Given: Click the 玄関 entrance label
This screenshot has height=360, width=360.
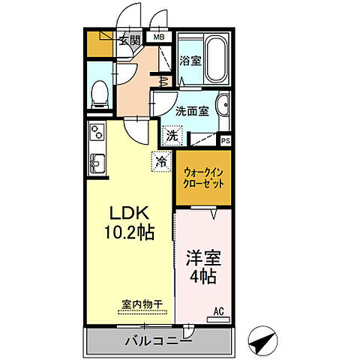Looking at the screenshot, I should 128,40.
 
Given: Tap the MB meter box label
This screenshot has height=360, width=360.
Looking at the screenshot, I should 159,36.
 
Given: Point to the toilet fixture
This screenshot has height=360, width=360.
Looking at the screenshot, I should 98,92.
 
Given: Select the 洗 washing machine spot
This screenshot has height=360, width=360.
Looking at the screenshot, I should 172,136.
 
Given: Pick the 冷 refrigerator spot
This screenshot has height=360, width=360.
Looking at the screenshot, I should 161,160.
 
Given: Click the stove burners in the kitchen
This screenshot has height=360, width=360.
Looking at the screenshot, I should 97,133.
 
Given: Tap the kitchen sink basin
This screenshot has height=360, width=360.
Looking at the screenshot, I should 97,163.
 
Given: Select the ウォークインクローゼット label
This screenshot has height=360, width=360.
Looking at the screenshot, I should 203,178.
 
